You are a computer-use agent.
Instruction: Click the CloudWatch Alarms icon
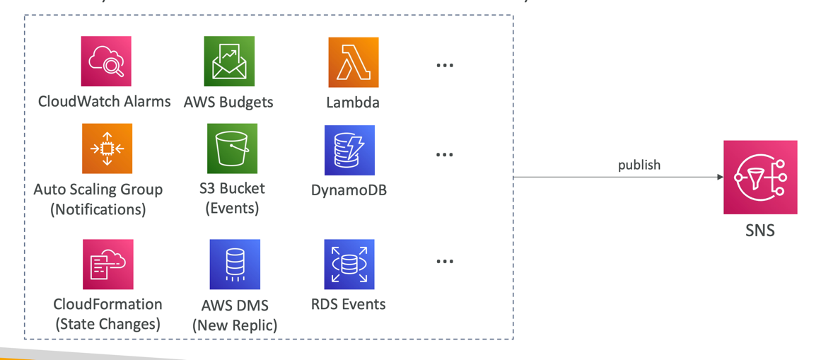[106, 62]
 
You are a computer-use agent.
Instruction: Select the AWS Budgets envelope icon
[229, 62]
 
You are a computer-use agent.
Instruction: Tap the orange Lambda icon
[353, 62]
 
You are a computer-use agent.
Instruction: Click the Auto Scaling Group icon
[107, 149]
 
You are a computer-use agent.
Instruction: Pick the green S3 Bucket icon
[232, 149]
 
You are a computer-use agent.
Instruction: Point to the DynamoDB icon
[349, 150]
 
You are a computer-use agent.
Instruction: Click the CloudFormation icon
[107, 264]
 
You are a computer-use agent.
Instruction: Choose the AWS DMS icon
[235, 264]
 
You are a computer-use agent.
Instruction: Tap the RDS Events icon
[349, 264]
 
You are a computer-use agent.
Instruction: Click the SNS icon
[760, 177]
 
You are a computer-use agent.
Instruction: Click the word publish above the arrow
[639, 165]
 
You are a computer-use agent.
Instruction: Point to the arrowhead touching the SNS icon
[720, 177]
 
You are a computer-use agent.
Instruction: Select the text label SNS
[760, 230]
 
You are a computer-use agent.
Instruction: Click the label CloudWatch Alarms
[104, 101]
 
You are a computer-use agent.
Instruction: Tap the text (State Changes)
[107, 324]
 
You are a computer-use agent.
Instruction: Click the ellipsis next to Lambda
[444, 65]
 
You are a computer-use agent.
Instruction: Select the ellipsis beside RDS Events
[444, 262]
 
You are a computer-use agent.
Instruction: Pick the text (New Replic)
[235, 325]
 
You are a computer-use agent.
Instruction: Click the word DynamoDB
[349, 190]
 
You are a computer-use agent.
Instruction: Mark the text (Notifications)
[98, 209]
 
